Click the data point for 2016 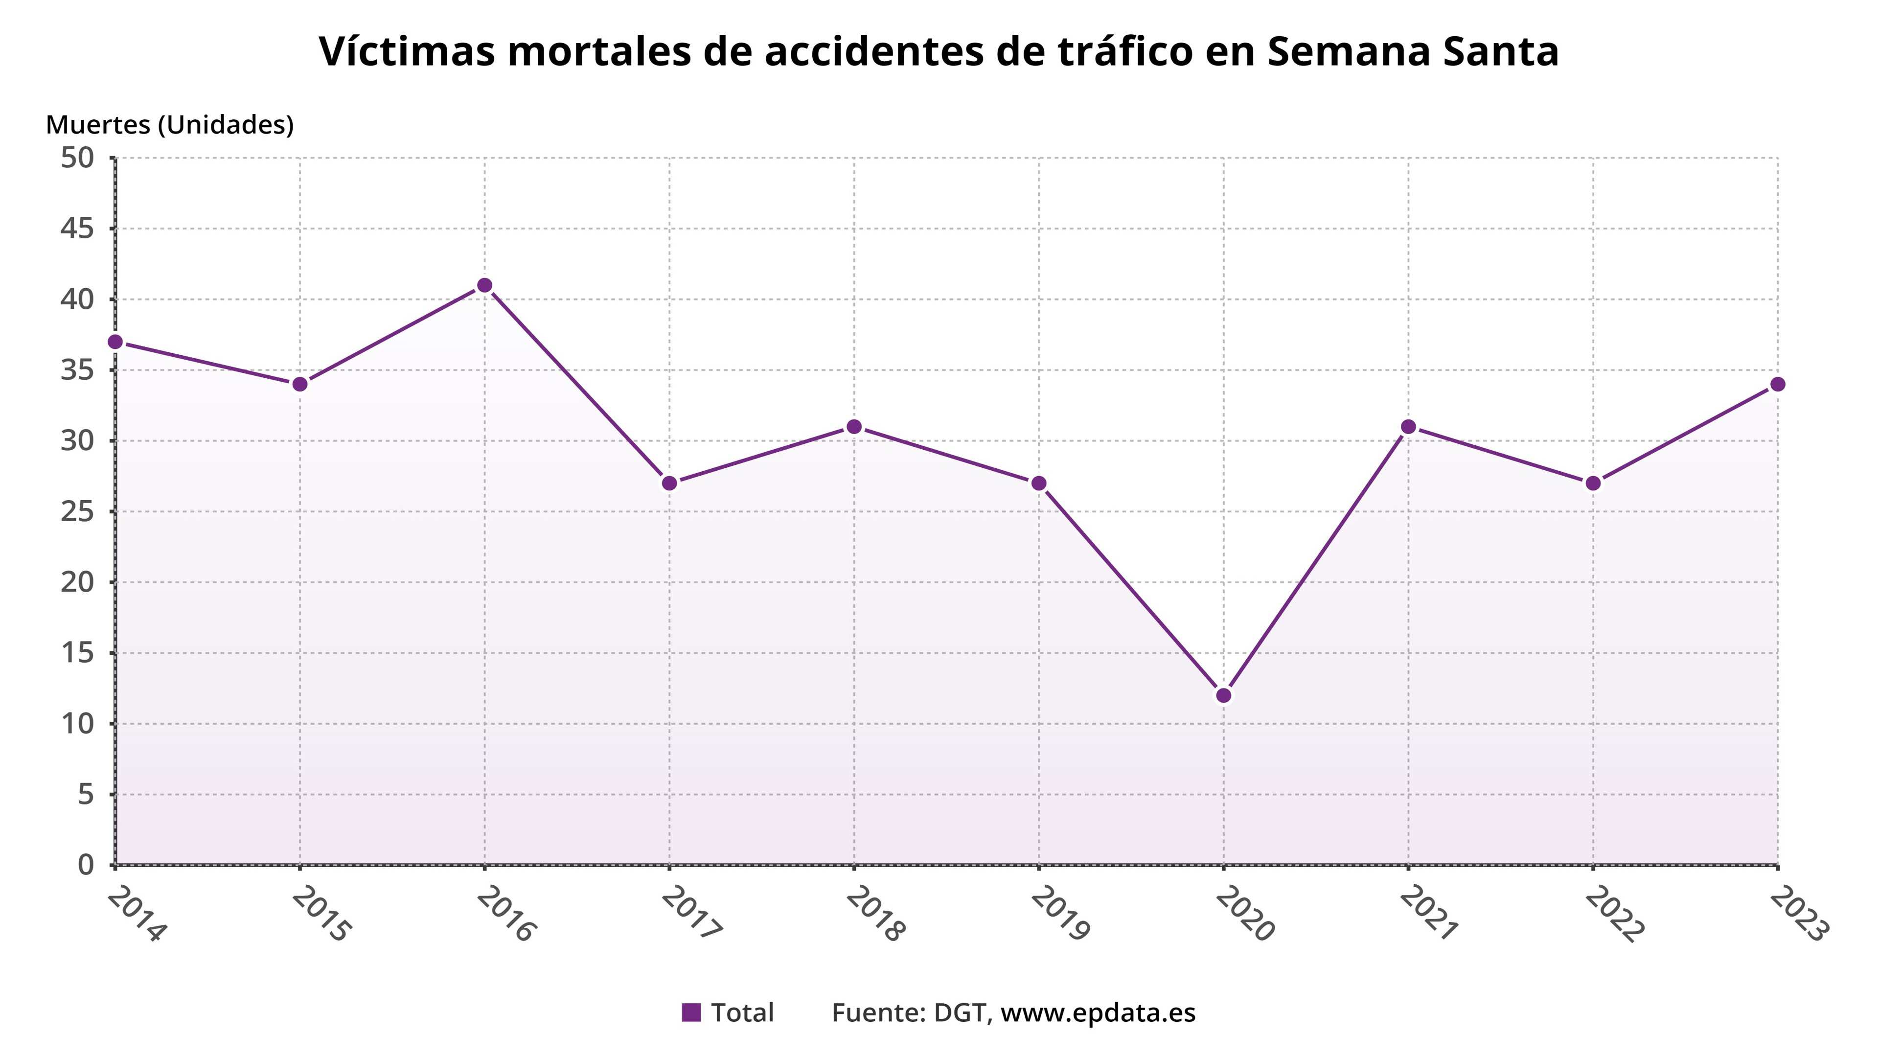click(484, 285)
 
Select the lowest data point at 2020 click(1224, 695)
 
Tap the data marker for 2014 click(115, 342)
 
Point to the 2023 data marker click(1778, 385)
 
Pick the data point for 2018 click(854, 427)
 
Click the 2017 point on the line click(669, 483)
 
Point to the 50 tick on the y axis click(77, 158)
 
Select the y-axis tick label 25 click(77, 511)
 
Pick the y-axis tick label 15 click(77, 653)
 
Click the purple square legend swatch click(691, 1012)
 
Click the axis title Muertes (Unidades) click(170, 125)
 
